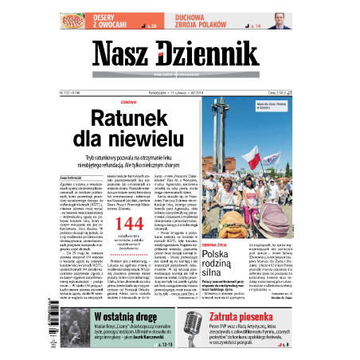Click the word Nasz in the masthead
click(x=127, y=54)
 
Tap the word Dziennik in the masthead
click(x=213, y=54)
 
